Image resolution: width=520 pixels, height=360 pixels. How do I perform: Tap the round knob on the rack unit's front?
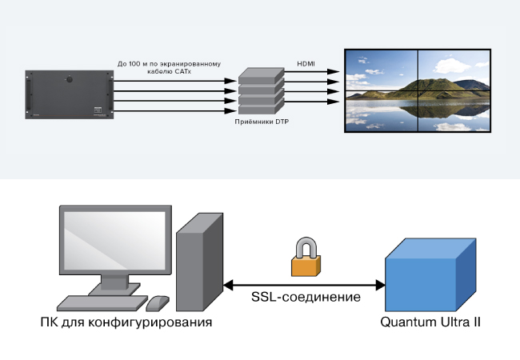(70, 80)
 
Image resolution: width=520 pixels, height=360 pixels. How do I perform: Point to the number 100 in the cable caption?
(138, 63)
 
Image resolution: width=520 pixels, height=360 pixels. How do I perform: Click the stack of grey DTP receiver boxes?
(260, 92)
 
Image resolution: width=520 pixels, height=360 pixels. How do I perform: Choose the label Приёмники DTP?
(260, 122)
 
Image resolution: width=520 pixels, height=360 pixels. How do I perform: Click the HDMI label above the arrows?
(306, 63)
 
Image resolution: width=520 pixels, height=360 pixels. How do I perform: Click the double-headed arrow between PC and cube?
(304, 282)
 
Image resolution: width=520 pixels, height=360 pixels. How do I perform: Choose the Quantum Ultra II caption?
(430, 323)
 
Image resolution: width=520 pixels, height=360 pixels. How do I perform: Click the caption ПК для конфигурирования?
(126, 323)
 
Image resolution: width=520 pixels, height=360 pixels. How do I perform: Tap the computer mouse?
(158, 303)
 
